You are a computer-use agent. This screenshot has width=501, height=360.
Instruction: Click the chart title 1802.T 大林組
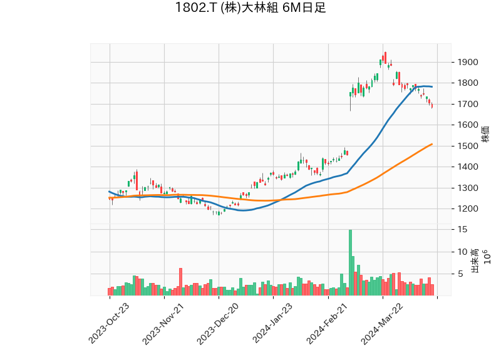click(250, 9)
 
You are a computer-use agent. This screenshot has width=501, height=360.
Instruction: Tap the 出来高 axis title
click(475, 260)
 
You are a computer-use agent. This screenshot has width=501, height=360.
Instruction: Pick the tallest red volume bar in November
click(180, 282)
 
